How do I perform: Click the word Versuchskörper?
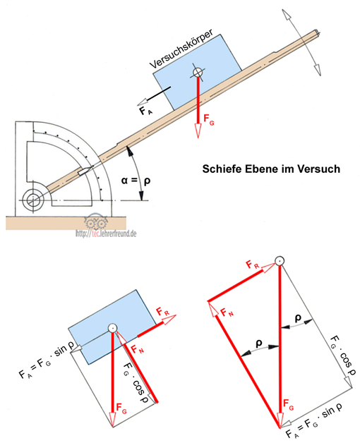click(x=181, y=49)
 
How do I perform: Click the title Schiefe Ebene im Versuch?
click(x=271, y=169)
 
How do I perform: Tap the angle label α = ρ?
click(x=136, y=181)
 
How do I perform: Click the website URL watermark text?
click(x=106, y=233)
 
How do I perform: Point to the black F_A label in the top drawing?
click(x=145, y=111)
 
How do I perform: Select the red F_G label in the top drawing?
click(x=209, y=119)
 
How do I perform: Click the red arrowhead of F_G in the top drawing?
click(x=198, y=131)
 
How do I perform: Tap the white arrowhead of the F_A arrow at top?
click(x=142, y=101)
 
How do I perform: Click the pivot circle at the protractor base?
click(x=33, y=200)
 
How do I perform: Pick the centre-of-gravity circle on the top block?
click(x=198, y=73)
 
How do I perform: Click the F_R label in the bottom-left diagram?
click(x=163, y=312)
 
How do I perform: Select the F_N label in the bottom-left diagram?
click(x=138, y=350)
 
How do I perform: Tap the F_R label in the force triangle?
click(x=252, y=265)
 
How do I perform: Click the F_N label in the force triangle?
click(x=227, y=312)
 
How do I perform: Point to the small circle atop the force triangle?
click(x=280, y=261)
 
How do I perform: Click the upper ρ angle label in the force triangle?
click(x=298, y=318)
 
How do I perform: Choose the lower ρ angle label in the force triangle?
click(x=259, y=344)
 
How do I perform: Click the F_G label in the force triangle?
click(x=289, y=405)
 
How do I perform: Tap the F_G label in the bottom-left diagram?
click(x=121, y=408)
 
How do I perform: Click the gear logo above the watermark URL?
click(x=95, y=221)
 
